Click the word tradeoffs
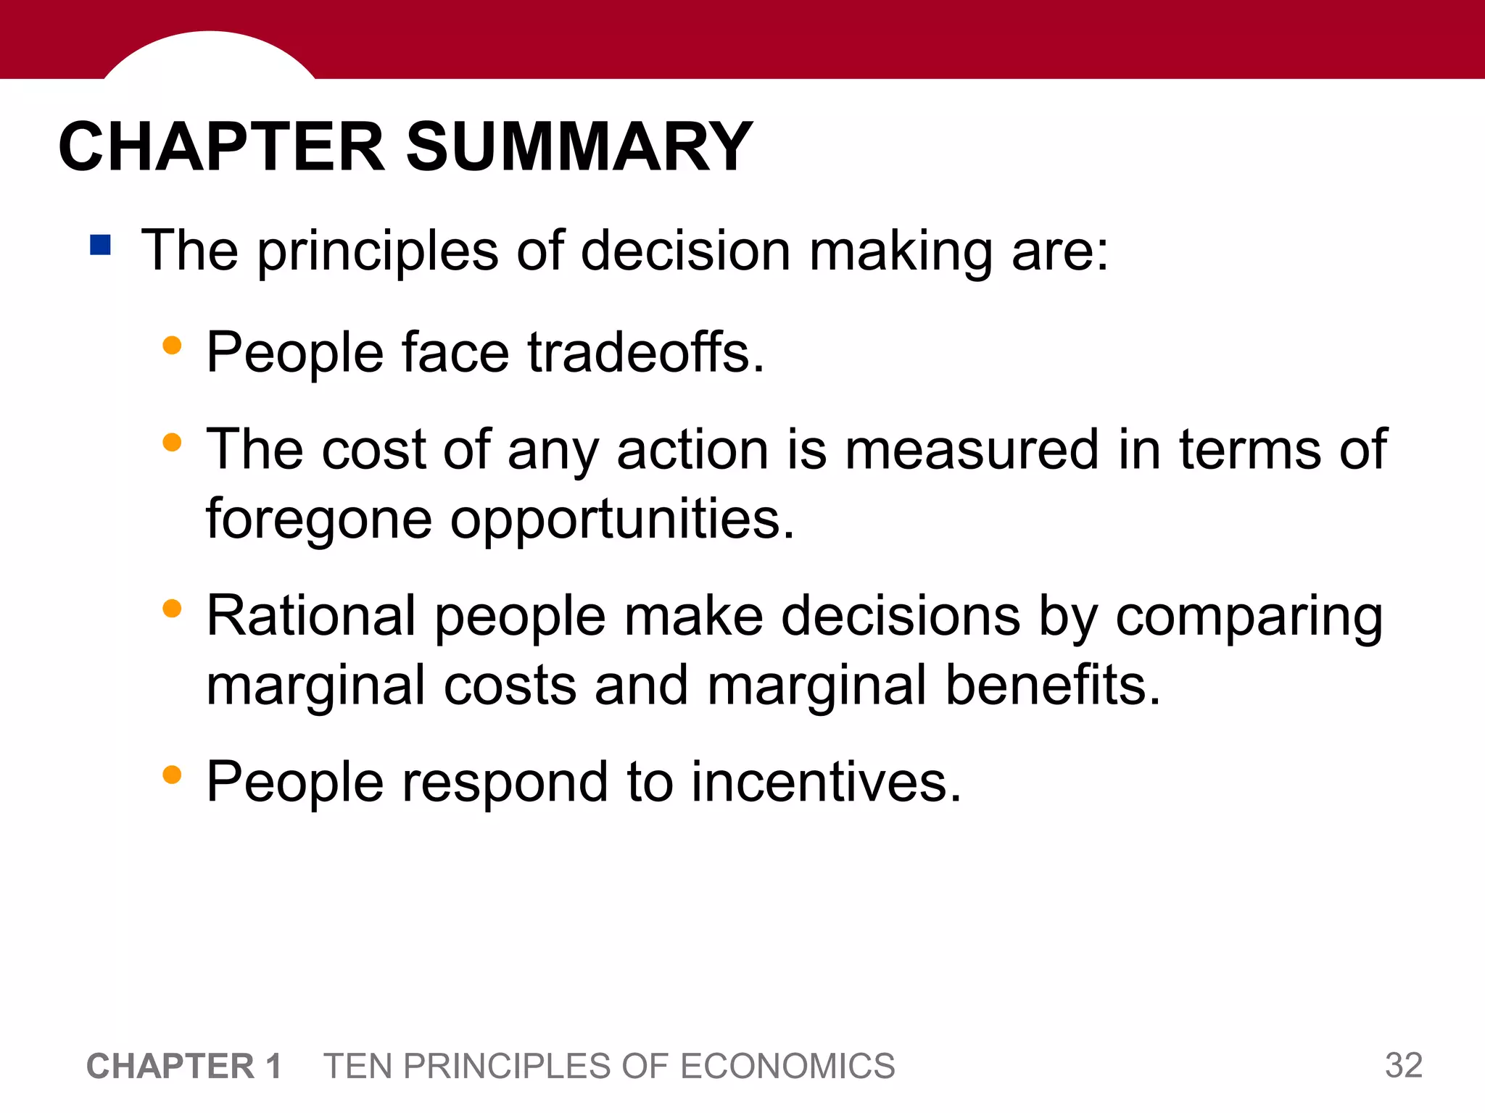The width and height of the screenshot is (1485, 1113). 645,353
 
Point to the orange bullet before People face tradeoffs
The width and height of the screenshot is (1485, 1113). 172,346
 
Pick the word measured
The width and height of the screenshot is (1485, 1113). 972,450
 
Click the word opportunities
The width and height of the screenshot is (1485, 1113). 622,520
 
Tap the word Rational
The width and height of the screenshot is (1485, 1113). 311,616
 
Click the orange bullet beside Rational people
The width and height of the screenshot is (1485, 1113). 172,609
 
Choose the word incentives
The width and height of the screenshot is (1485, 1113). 826,783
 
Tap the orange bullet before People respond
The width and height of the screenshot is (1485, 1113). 172,775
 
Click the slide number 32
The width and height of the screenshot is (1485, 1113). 1403,1065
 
